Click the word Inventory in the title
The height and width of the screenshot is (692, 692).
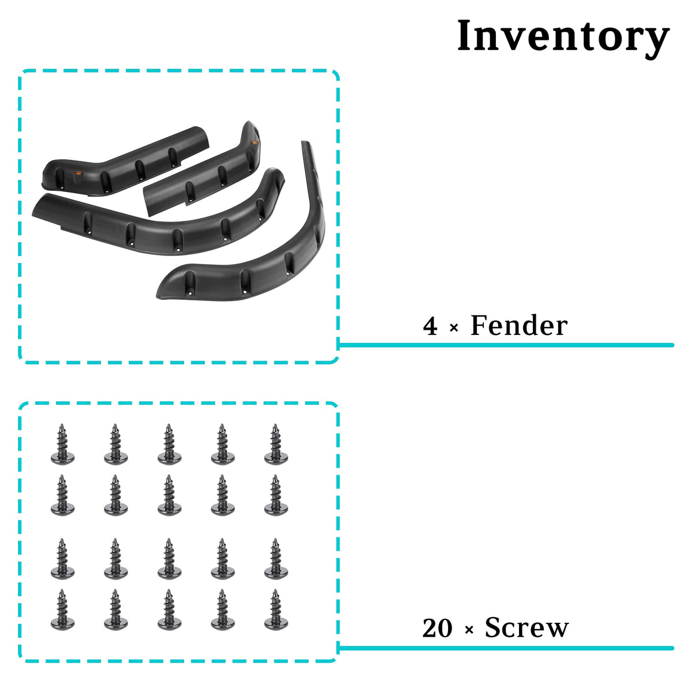[x=563, y=37]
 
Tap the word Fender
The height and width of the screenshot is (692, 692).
[x=519, y=325]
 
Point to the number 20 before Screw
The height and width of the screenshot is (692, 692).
[x=437, y=628]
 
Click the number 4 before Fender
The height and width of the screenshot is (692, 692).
[x=430, y=326]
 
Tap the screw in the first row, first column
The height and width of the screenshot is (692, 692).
[x=62, y=444]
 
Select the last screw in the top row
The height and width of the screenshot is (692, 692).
[x=276, y=444]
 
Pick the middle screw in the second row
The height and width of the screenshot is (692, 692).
[x=169, y=495]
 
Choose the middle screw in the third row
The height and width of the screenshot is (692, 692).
[x=169, y=559]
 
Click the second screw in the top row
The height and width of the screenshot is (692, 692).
[x=116, y=444]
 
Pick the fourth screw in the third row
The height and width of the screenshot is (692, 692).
[x=223, y=559]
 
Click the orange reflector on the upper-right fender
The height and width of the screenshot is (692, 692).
[x=255, y=142]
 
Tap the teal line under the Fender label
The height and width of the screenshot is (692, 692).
[x=506, y=345]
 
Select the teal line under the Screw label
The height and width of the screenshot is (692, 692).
[x=506, y=648]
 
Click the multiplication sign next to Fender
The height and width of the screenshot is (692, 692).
[x=454, y=328]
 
